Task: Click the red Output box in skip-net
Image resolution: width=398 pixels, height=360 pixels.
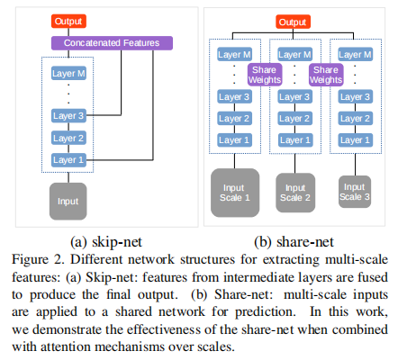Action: (x=68, y=21)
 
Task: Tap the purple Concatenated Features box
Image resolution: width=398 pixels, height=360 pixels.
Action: (x=113, y=41)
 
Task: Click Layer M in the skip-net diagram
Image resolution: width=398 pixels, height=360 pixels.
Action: (x=69, y=72)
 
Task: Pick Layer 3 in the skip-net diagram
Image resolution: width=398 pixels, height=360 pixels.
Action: (x=69, y=116)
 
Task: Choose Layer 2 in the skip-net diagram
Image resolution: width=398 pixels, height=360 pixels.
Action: (x=69, y=138)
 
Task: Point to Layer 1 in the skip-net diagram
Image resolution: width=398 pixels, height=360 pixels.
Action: (x=69, y=159)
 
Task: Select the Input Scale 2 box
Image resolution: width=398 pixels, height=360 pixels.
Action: (x=294, y=191)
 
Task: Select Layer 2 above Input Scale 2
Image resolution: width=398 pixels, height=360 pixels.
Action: (x=294, y=118)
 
